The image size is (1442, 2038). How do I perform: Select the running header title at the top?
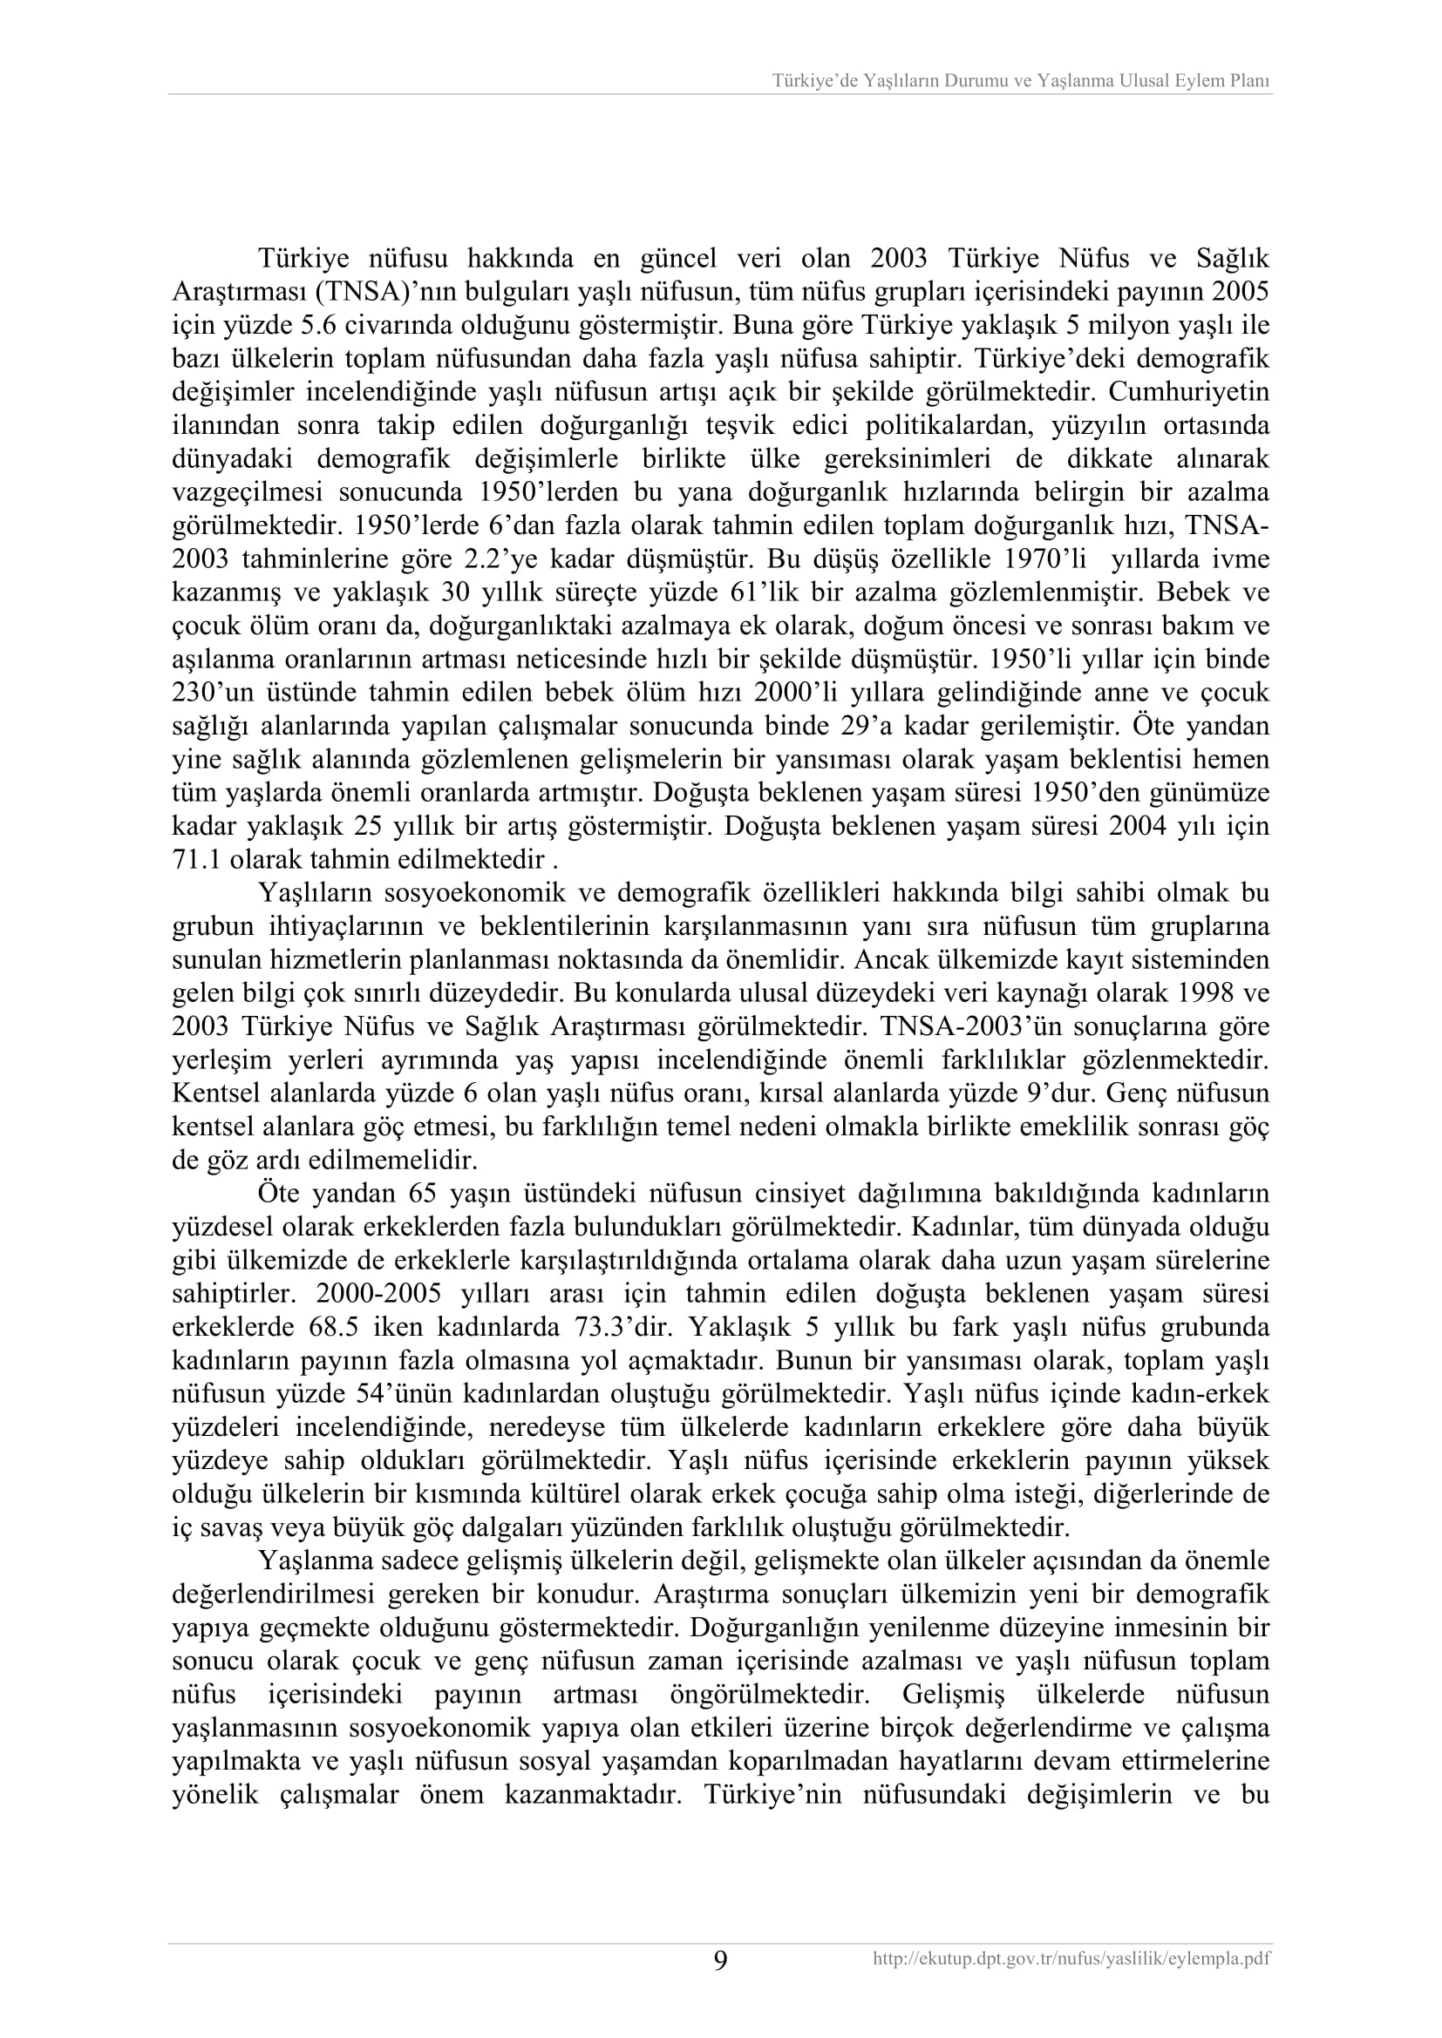coord(1021,81)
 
